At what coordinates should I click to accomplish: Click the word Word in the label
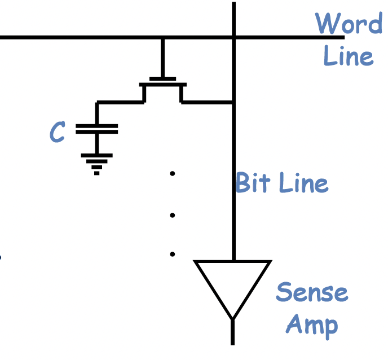point(348,23)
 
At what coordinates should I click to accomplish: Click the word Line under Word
point(348,56)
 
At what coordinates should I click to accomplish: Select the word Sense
point(312,293)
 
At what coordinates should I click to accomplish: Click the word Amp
point(312,326)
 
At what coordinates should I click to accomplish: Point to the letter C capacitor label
point(56,132)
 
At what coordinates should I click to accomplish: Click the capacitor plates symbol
point(96,129)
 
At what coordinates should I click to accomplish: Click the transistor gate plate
point(162,78)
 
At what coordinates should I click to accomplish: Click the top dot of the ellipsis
point(173,174)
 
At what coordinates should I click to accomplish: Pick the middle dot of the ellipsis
point(173,215)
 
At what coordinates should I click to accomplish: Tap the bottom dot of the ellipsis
point(173,254)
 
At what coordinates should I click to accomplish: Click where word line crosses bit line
point(233,37)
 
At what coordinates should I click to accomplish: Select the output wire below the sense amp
point(232,333)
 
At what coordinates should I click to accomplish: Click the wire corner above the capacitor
point(97,103)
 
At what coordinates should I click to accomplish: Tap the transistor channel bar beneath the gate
point(162,85)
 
